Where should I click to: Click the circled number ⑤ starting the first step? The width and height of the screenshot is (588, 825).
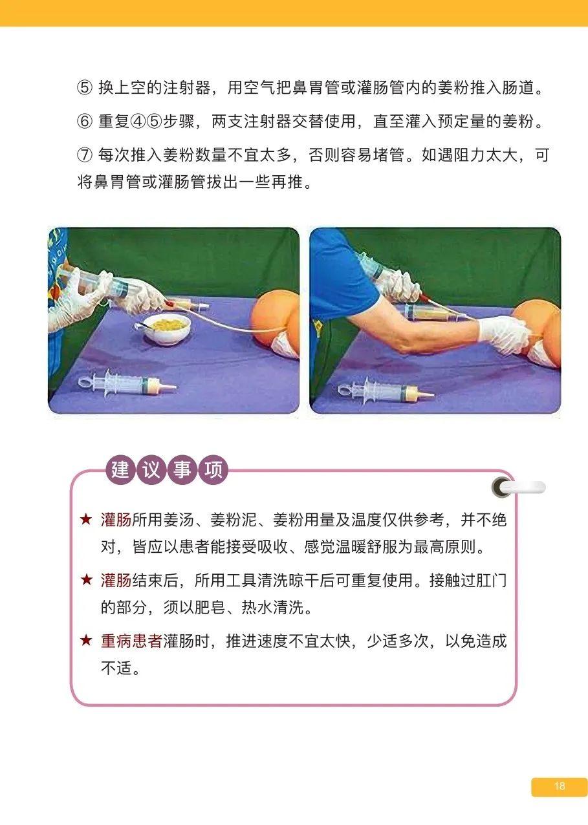click(85, 89)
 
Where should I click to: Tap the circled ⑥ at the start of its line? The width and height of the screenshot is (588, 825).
click(85, 122)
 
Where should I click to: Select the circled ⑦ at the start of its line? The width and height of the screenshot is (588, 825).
click(85, 156)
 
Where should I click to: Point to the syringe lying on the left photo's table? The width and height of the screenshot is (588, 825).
click(127, 383)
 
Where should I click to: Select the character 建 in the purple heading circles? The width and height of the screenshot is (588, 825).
click(120, 469)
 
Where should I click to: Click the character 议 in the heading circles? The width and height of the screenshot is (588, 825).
click(151, 469)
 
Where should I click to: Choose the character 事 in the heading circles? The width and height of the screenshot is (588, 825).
click(182, 469)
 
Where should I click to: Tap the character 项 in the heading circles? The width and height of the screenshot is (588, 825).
click(213, 469)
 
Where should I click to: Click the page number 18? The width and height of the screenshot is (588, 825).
click(560, 786)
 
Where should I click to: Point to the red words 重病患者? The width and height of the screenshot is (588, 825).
click(131, 641)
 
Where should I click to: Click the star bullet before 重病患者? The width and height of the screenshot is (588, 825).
click(86, 641)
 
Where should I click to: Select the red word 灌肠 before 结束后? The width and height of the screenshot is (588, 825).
click(116, 581)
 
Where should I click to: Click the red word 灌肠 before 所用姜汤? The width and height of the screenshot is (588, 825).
click(116, 520)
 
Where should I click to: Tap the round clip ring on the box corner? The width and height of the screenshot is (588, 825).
click(502, 487)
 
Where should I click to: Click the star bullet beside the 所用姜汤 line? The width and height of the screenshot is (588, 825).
click(86, 520)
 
